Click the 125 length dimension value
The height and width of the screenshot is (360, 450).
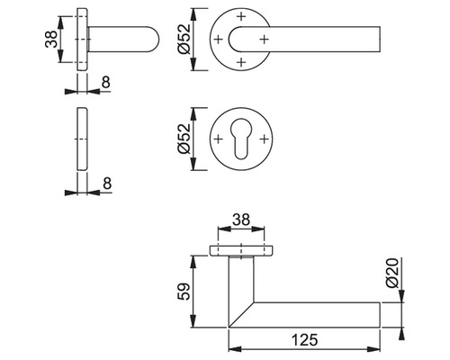tap(304, 340)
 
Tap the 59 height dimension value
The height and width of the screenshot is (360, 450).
tap(184, 292)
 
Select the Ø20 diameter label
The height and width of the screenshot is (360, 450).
tap(392, 273)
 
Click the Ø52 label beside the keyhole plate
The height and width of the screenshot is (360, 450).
tap(184, 139)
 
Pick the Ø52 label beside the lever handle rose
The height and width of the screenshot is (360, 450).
tap(184, 39)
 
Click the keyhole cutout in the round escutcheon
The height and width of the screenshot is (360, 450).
tap(241, 139)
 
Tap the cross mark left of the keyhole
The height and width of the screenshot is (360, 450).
tap(219, 139)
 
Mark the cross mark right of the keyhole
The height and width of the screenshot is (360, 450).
tap(264, 139)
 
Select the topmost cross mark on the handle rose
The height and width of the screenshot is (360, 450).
tap(241, 16)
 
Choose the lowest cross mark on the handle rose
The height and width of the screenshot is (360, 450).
tap(241, 62)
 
